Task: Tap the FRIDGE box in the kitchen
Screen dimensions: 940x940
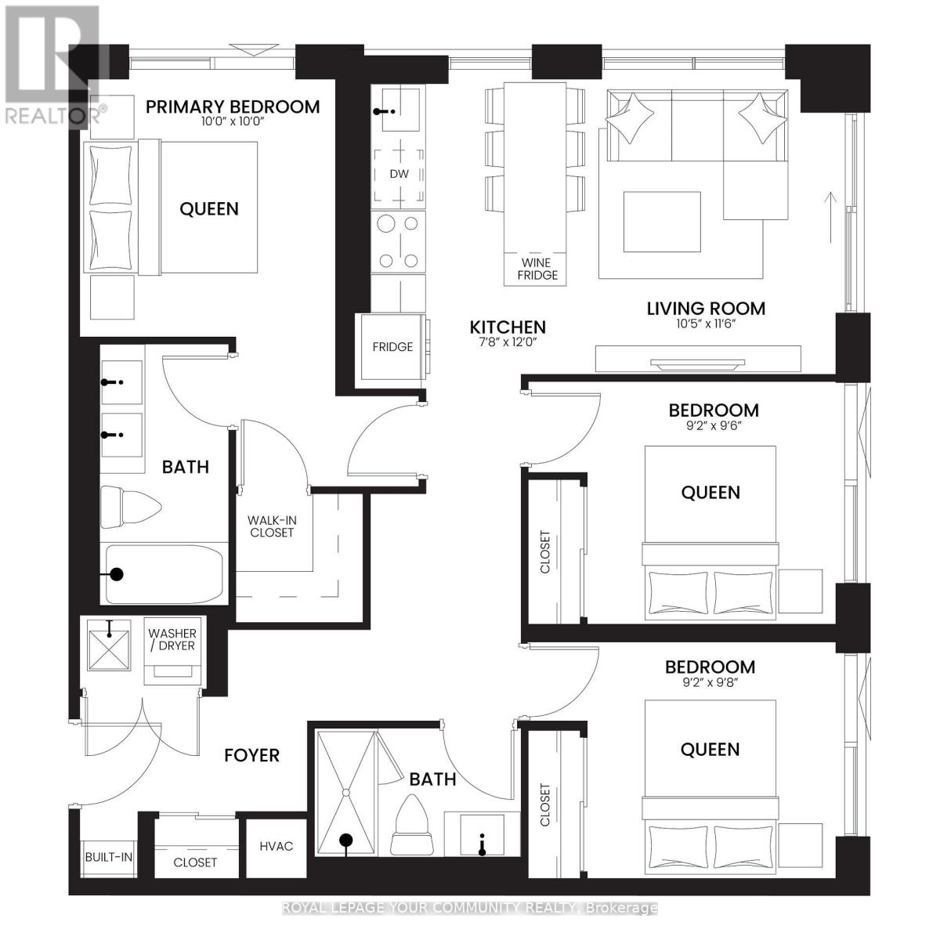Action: [392, 347]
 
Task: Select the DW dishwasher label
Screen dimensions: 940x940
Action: [399, 174]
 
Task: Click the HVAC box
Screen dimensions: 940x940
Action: [277, 846]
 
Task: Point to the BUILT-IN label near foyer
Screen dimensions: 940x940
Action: [108, 857]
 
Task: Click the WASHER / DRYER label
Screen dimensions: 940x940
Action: [172, 639]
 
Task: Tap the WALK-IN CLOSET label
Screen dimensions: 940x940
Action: [271, 526]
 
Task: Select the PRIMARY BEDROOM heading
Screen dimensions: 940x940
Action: [233, 107]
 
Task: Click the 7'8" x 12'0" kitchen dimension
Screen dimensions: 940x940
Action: [508, 342]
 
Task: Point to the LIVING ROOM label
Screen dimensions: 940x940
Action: [706, 309]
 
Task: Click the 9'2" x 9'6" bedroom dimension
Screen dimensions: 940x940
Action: [713, 426]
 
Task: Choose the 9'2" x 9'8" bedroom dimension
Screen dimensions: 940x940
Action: [710, 682]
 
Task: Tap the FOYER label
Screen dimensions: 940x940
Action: [251, 755]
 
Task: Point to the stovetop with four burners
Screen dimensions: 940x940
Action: [399, 241]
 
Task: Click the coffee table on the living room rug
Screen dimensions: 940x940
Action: [662, 222]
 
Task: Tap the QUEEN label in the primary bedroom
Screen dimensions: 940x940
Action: [209, 209]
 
